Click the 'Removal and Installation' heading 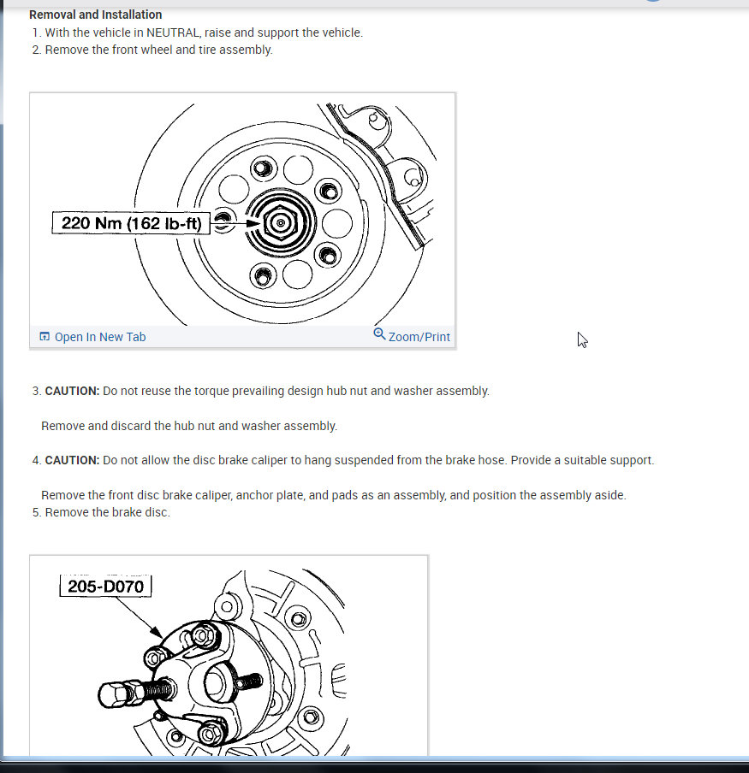(x=95, y=15)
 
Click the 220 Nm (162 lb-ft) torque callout (x=131, y=223)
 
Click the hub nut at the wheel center (x=280, y=223)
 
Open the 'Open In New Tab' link (x=99, y=337)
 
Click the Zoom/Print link (x=419, y=337)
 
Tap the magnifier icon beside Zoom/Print (x=379, y=334)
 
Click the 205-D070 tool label (x=106, y=587)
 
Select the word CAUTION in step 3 (x=72, y=391)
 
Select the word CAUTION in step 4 (x=72, y=460)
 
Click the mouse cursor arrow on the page (x=582, y=339)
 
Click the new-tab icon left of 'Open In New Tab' (x=45, y=337)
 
